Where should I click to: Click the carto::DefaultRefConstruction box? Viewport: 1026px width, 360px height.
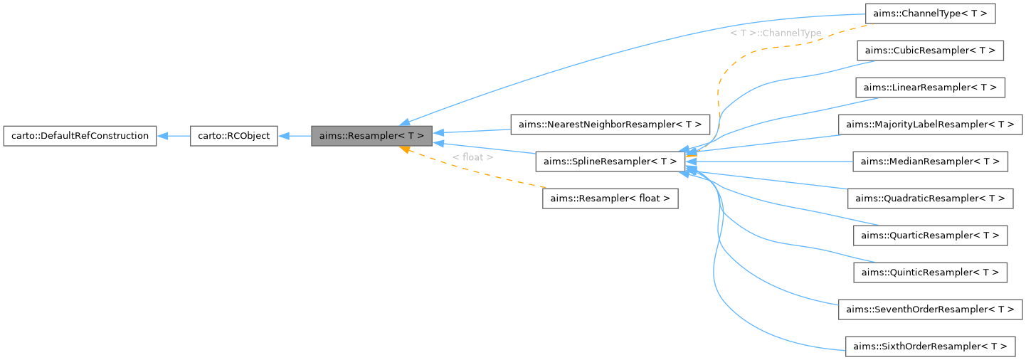tap(80, 135)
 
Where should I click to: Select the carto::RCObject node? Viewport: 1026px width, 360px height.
tap(233, 135)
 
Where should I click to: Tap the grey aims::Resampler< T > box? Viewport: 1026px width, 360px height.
tap(371, 135)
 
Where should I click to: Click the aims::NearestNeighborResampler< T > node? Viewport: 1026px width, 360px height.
tap(610, 125)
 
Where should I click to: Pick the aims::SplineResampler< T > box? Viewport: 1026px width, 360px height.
tap(610, 162)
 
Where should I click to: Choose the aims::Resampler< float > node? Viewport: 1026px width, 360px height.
tap(610, 198)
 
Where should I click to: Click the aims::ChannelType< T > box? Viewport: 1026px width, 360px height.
tap(930, 14)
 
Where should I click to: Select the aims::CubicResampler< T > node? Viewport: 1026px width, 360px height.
tap(930, 51)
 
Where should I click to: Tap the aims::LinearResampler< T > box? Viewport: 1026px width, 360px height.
tap(930, 88)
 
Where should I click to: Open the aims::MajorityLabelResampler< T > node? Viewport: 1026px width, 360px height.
tap(930, 125)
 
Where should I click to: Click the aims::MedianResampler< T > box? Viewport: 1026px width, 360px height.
tap(930, 162)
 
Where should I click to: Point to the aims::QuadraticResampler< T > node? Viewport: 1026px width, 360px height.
tap(930, 198)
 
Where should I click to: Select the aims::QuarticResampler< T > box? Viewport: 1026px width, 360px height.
tap(930, 235)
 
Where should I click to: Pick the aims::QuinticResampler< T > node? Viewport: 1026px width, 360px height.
tap(930, 272)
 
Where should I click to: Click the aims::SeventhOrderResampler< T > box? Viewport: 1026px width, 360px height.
tap(930, 309)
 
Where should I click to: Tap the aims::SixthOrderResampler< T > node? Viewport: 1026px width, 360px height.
tap(930, 346)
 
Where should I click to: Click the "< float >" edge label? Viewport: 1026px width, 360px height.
tap(472, 157)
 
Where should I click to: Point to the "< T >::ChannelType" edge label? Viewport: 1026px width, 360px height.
tap(776, 33)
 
